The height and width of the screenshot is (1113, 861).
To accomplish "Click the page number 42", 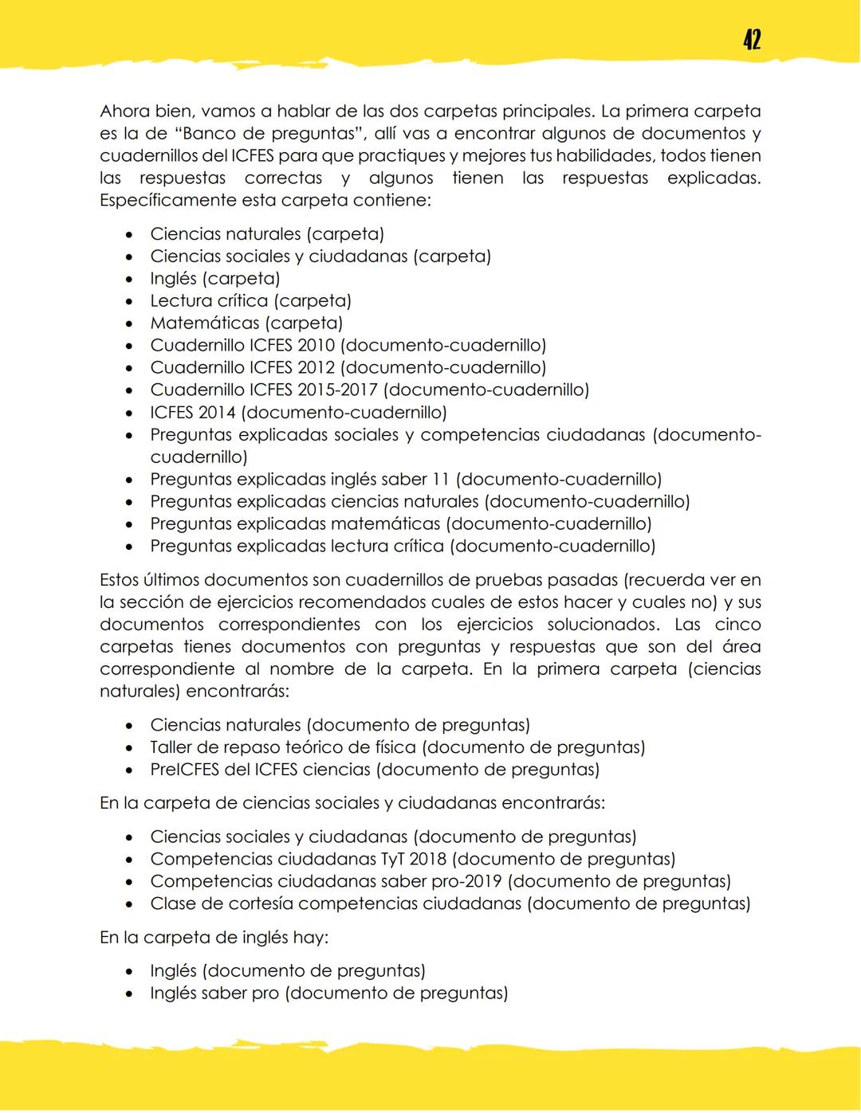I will click(751, 39).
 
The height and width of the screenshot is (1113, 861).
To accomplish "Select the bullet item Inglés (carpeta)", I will click(214, 279).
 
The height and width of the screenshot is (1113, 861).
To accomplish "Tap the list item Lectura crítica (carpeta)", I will click(250, 301).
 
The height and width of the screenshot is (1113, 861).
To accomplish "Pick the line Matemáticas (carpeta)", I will click(246, 323).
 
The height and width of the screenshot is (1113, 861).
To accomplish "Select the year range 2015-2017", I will click(334, 390).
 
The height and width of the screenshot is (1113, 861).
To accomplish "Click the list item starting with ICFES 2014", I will click(298, 413).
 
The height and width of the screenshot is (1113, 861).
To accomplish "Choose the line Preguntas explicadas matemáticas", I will click(400, 524).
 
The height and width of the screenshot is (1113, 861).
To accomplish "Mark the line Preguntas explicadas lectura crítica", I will click(403, 547).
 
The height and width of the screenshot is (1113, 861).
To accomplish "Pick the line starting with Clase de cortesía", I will click(450, 903).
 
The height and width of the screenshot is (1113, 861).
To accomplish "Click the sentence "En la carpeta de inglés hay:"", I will click(214, 938).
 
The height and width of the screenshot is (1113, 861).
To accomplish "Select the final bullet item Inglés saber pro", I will click(328, 993).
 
